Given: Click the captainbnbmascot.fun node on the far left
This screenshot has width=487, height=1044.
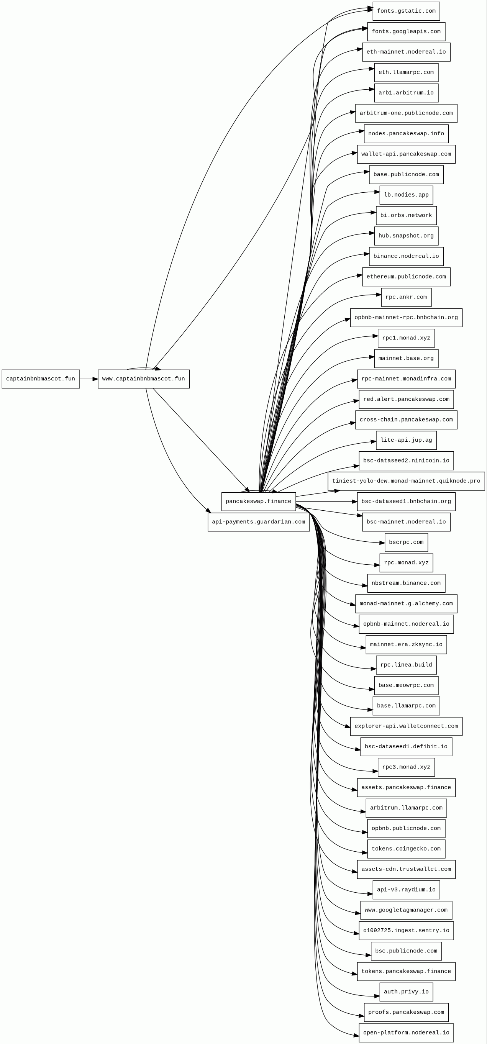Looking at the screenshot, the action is coord(41,379).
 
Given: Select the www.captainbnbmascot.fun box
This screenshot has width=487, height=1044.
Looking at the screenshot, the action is coord(143,379).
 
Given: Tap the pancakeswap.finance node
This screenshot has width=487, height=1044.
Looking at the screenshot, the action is coord(259,502).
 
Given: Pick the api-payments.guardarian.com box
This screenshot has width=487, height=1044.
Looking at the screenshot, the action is coord(259,522).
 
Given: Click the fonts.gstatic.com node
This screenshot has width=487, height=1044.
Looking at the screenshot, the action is coord(406,11).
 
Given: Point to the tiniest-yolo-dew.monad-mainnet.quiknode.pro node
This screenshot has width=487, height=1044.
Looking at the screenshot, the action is coord(406,481).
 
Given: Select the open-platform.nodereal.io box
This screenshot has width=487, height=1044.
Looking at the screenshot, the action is coord(406,1033).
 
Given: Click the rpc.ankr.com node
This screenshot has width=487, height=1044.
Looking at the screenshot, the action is coord(406,297).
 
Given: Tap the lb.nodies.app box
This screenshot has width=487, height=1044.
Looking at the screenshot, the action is coord(406,195).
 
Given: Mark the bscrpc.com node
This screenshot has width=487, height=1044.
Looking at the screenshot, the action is coord(406,542).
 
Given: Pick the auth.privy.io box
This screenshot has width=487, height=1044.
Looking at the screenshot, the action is coord(406,992).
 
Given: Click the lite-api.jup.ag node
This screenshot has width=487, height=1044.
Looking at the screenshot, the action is coord(406,440).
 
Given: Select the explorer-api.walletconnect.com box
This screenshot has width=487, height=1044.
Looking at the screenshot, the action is coord(406,726).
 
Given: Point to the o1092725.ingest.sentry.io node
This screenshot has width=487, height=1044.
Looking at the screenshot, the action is coord(406,931).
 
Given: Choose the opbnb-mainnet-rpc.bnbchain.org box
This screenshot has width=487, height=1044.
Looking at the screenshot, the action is coord(406,318).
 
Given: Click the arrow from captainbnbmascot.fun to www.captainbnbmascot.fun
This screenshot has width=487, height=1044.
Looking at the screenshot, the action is coord(89,379).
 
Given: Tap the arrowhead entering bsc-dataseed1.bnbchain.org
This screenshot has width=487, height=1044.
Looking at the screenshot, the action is coord(354,502).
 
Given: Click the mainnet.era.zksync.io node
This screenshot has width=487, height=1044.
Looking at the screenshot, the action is coord(406,644).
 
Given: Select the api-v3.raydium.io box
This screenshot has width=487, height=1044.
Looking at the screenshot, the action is coord(406,890).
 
